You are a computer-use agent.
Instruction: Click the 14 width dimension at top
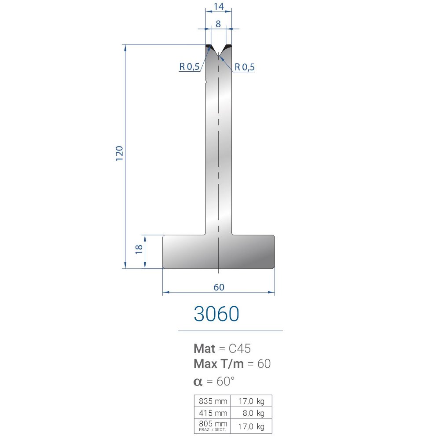pos(219,6)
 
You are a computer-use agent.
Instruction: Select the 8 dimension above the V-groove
pos(218,24)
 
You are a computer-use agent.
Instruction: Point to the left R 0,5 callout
pos(189,67)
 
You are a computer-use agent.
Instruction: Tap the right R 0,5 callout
pos(244,67)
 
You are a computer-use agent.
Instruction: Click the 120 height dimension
pos(119,153)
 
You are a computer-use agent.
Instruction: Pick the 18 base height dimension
pos(139,249)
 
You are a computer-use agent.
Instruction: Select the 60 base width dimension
pos(219,287)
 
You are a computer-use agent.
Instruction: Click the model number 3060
pos(216,313)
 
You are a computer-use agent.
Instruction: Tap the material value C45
pos(240,348)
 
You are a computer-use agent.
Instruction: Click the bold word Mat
pos(205,348)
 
